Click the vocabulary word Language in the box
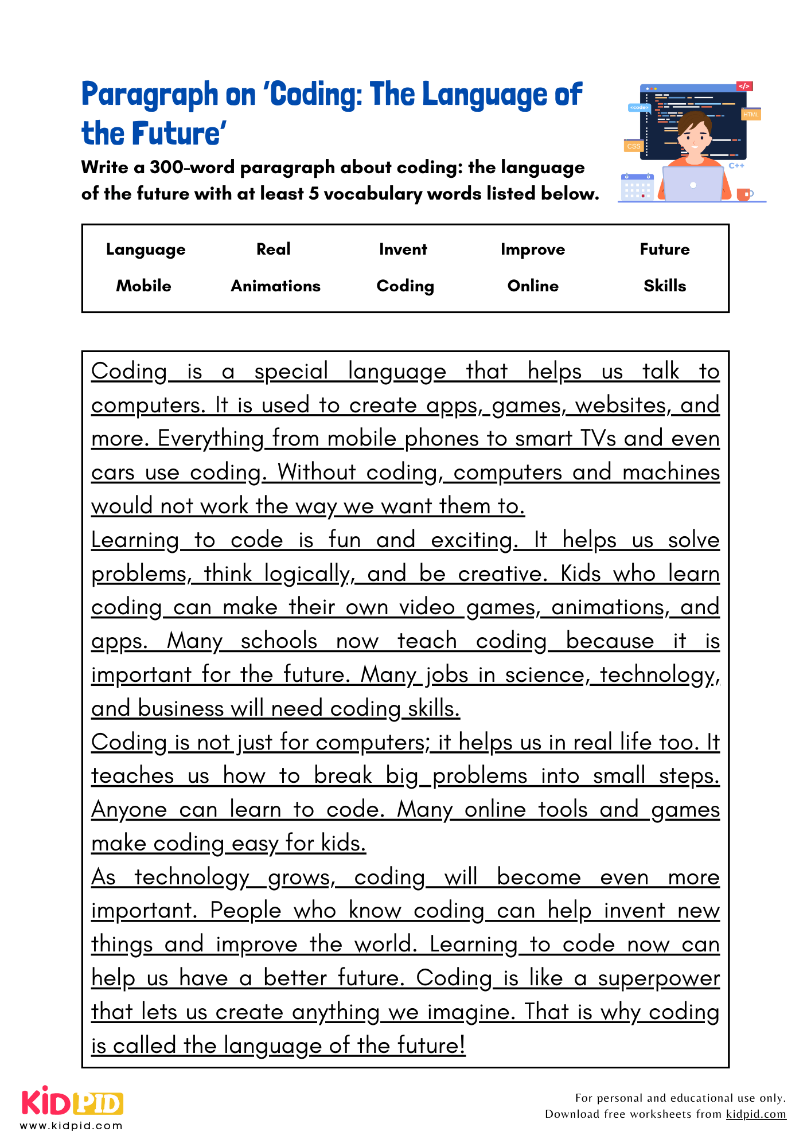(146, 249)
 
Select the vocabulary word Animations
(275, 286)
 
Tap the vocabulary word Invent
(403, 249)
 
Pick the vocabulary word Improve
(532, 249)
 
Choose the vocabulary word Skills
(664, 286)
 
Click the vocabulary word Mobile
(143, 286)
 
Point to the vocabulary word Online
(532, 286)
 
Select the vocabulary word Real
(273, 249)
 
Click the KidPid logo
(72, 1102)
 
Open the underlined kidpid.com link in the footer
(755, 1114)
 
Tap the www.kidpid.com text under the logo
(71, 1126)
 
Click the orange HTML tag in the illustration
(751, 114)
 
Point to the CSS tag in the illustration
(633, 146)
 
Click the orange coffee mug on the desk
(743, 194)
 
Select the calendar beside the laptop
(637, 187)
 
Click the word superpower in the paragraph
(658, 978)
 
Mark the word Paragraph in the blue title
(150, 95)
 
